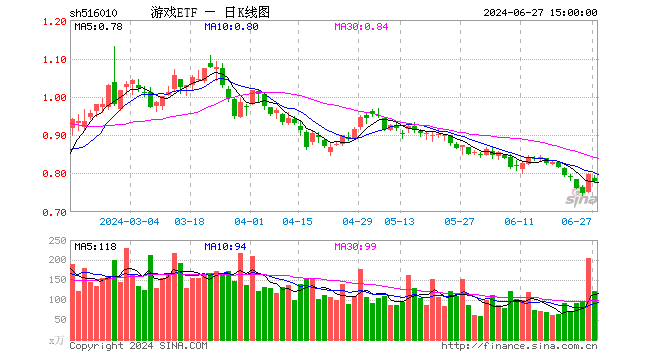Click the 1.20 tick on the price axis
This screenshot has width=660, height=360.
(55, 22)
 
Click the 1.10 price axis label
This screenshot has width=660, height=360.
(55, 60)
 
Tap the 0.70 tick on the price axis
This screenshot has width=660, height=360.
(55, 212)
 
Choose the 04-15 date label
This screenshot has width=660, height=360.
(297, 222)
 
